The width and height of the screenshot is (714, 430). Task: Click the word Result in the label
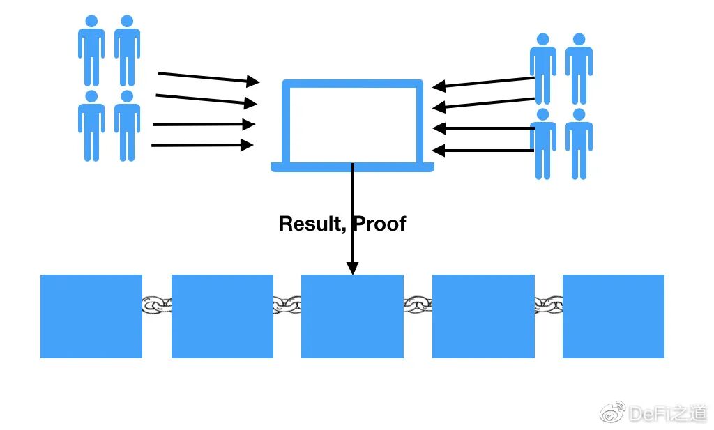(x=310, y=224)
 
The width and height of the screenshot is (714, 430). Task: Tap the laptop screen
(x=352, y=123)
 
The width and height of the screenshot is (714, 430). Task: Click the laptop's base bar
(x=352, y=167)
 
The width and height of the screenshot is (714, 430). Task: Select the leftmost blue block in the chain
(x=91, y=316)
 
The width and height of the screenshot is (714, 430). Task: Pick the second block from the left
(x=222, y=316)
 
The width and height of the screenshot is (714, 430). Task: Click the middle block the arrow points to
(x=352, y=316)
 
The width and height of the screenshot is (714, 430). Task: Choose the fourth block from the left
(x=483, y=316)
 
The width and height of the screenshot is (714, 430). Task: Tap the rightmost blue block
(x=613, y=316)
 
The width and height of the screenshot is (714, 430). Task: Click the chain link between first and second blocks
(x=157, y=305)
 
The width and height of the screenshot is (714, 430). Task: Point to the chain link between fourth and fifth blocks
(x=549, y=305)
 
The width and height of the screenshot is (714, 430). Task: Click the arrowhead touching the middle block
(x=352, y=268)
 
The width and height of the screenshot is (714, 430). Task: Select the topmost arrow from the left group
(x=208, y=77)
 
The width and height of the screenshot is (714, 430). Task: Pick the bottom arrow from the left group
(x=202, y=145)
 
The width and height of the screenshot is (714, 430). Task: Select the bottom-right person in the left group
(x=127, y=125)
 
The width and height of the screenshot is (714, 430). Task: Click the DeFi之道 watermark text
(x=667, y=413)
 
